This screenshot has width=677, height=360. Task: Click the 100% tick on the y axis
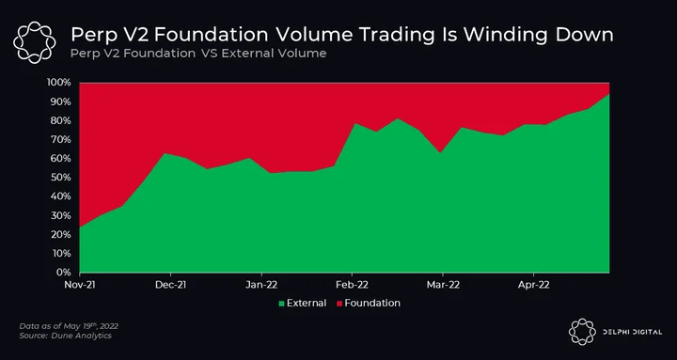(x=57, y=83)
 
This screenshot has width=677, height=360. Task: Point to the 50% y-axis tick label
(x=59, y=178)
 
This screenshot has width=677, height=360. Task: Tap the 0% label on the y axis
(x=62, y=273)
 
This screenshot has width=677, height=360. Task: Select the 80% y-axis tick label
(x=59, y=120)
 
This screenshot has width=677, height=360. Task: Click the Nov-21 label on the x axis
(x=79, y=285)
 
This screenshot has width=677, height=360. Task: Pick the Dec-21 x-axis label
(x=170, y=285)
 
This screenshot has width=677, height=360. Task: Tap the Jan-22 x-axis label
(x=261, y=285)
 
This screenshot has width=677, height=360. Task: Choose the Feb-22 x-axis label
(x=353, y=285)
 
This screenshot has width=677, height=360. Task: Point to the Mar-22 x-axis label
(x=443, y=285)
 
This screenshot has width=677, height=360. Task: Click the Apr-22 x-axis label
(x=534, y=285)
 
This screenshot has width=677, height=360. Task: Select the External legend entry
(x=303, y=304)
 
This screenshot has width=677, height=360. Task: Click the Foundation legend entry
(x=369, y=304)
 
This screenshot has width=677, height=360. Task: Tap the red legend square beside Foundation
(x=339, y=304)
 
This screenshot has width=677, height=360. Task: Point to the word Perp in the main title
(x=91, y=36)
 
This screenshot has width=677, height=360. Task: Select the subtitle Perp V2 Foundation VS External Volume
(x=197, y=54)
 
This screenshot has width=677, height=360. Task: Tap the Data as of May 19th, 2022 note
(x=69, y=326)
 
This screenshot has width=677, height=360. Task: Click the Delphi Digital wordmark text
(x=632, y=332)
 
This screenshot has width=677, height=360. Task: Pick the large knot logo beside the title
(x=34, y=42)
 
